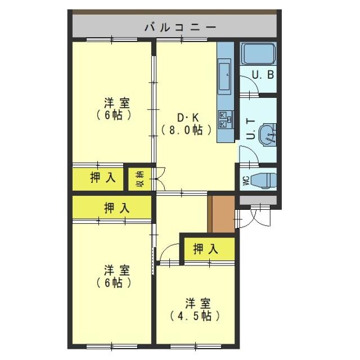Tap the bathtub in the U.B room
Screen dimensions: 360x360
pos(258,55)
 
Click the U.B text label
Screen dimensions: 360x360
pos(263,74)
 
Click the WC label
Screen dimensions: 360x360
pos(246,181)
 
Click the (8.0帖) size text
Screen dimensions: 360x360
pos(187,130)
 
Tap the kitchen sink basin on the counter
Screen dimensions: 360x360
pos(225,73)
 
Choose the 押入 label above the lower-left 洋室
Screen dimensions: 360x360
pos(116,208)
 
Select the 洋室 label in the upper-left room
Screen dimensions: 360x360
pos(116,103)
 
